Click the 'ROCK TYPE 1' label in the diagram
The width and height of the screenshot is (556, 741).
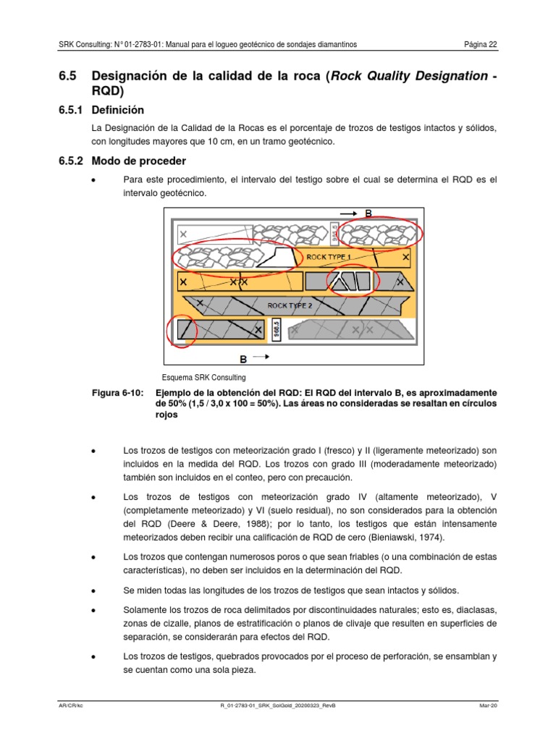pos(329,256)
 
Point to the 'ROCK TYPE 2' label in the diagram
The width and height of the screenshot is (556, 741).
pos(290,305)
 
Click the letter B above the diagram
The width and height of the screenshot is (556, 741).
pos(368,213)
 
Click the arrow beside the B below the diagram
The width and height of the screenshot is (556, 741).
pos(262,357)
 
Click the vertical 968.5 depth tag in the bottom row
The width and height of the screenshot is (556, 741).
pos(276,331)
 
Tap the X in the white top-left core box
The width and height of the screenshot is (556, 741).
pos(183,234)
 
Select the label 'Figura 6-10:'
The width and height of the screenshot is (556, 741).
pos(117,392)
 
